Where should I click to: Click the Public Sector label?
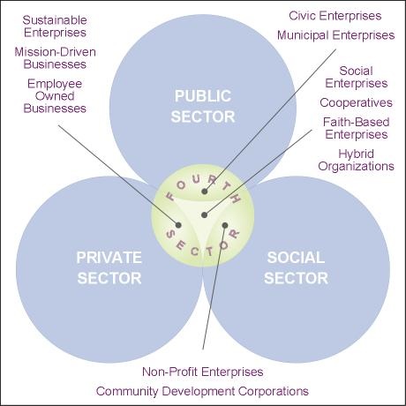point(203,106)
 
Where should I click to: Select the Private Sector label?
point(109,267)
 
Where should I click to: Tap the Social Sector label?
point(296,267)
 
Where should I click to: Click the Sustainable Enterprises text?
point(55,26)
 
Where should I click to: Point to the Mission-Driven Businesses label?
point(55,58)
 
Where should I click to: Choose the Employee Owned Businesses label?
point(55,96)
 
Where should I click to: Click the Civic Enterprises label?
point(335,16)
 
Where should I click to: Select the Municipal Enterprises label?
point(335,35)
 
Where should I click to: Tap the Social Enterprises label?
point(357,77)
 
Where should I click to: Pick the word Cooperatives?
point(357,102)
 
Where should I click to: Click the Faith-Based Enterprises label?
point(357,128)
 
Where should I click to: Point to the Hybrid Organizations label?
point(356,160)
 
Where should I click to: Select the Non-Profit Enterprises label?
point(203,372)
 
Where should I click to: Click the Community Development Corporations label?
point(202,391)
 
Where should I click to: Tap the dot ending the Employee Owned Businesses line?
point(178,225)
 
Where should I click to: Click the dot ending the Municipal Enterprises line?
point(205,192)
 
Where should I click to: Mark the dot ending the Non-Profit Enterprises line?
point(225,225)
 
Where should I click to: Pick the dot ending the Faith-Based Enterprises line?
point(205,215)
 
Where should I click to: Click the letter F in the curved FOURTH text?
point(170,196)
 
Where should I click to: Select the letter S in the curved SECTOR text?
point(170,234)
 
